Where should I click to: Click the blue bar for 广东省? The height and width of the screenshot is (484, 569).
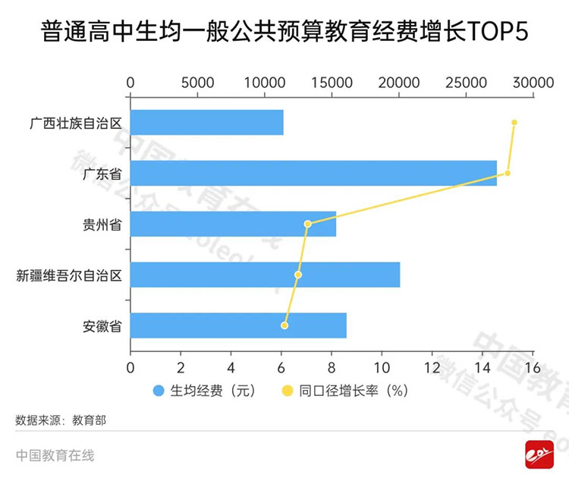pos(313,173)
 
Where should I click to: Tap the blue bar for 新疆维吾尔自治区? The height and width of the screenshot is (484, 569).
pos(265,275)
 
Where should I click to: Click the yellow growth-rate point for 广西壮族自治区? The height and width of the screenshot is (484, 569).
pos(514,122)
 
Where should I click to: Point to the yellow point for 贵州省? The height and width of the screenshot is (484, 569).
pos(307,224)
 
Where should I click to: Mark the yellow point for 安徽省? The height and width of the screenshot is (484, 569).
pos(284,325)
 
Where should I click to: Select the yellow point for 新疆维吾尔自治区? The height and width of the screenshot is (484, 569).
pos(298,275)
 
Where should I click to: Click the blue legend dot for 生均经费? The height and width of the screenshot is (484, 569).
pos(159,391)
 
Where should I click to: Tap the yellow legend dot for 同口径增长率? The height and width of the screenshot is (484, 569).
pos(288,391)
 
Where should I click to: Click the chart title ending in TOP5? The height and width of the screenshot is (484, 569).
pos(284,34)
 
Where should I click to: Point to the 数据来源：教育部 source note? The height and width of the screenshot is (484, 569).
pos(61,420)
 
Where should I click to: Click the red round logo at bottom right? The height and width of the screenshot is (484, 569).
pos(538,455)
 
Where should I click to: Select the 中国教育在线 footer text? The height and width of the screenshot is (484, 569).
pos(55,455)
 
